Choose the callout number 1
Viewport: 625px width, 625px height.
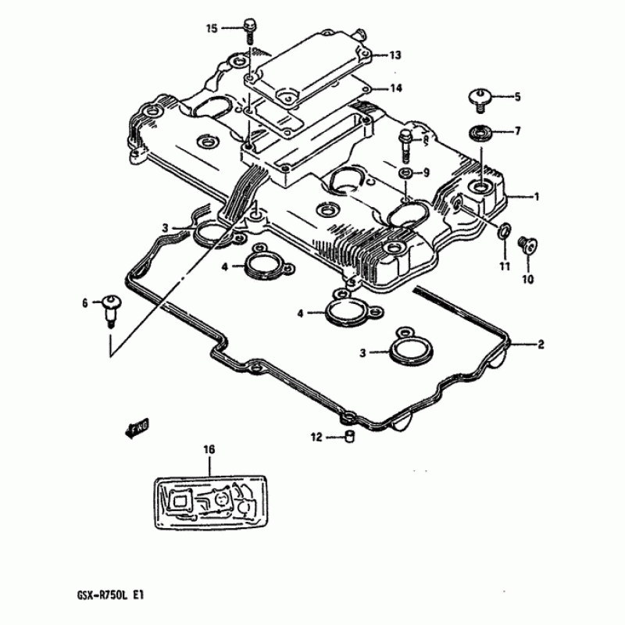coord(536,197)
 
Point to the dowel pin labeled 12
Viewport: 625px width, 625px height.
coord(350,437)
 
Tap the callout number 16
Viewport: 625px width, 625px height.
coord(209,449)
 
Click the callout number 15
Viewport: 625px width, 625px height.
coord(211,29)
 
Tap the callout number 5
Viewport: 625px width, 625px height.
coord(516,97)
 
